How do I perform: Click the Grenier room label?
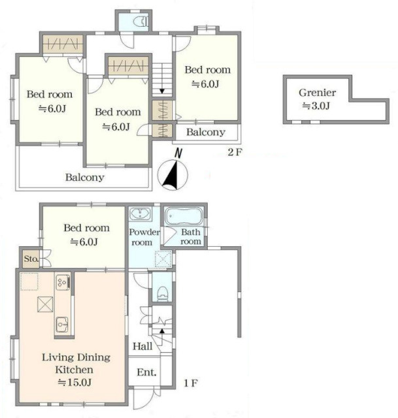point(317,93)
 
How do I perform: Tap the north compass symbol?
point(173,172)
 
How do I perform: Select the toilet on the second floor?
point(141,21)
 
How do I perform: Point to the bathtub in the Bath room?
point(183,216)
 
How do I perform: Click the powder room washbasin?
point(140,214)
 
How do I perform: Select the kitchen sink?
point(62,325)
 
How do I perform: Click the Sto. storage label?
point(31,259)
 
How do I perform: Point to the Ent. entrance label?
point(146,372)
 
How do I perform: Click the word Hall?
point(142,346)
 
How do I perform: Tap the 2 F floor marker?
point(235,152)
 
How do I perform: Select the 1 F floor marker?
point(191,383)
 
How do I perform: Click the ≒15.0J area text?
point(75,383)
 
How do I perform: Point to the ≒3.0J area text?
point(316,106)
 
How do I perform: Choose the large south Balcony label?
point(85,178)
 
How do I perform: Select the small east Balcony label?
point(206,132)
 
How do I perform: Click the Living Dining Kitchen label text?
point(76,363)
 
